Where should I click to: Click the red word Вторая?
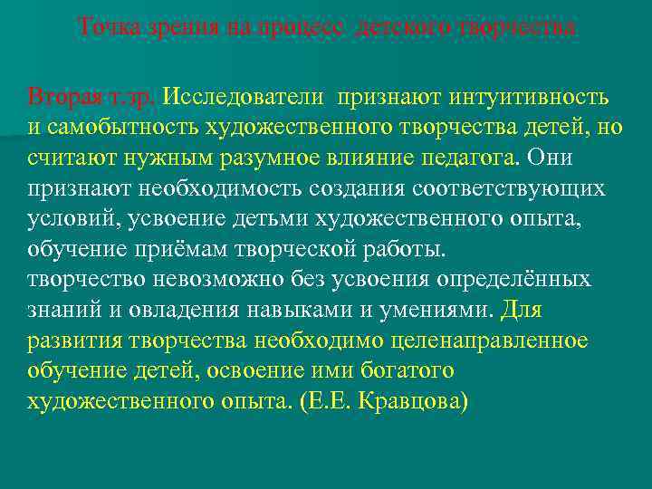(x=61, y=96)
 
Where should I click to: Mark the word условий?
(x=72, y=218)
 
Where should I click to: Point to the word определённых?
(x=514, y=280)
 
